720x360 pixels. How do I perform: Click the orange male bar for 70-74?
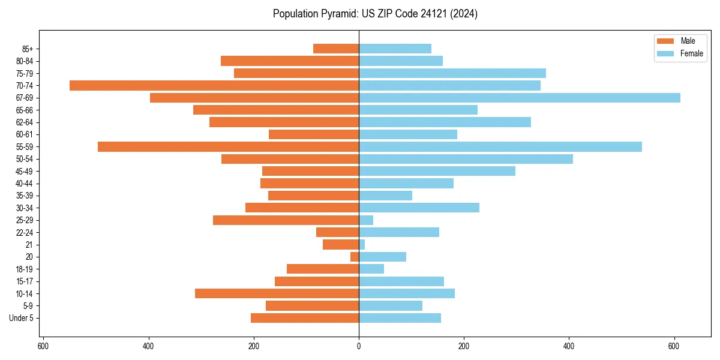[214, 86]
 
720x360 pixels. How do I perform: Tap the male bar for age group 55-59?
[228, 147]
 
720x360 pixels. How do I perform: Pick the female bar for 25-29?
[366, 220]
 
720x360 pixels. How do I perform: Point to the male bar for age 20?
[355, 257]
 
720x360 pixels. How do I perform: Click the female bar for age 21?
[362, 245]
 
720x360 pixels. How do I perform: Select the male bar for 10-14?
[277, 293]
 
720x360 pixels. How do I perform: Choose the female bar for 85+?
[395, 49]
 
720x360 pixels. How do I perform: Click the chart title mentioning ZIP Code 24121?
[375, 14]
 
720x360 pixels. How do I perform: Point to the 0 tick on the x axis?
[359, 346]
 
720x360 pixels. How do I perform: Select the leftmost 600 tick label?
[43, 346]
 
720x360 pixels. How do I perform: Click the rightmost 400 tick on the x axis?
[569, 346]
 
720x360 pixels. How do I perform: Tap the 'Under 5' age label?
[21, 318]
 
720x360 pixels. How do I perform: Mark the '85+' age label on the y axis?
[28, 49]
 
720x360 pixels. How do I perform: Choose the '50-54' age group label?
[25, 159]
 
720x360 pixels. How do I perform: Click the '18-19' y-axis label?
[25, 269]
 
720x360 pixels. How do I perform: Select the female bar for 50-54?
[466, 159]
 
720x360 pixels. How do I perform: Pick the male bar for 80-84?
[290, 61]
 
